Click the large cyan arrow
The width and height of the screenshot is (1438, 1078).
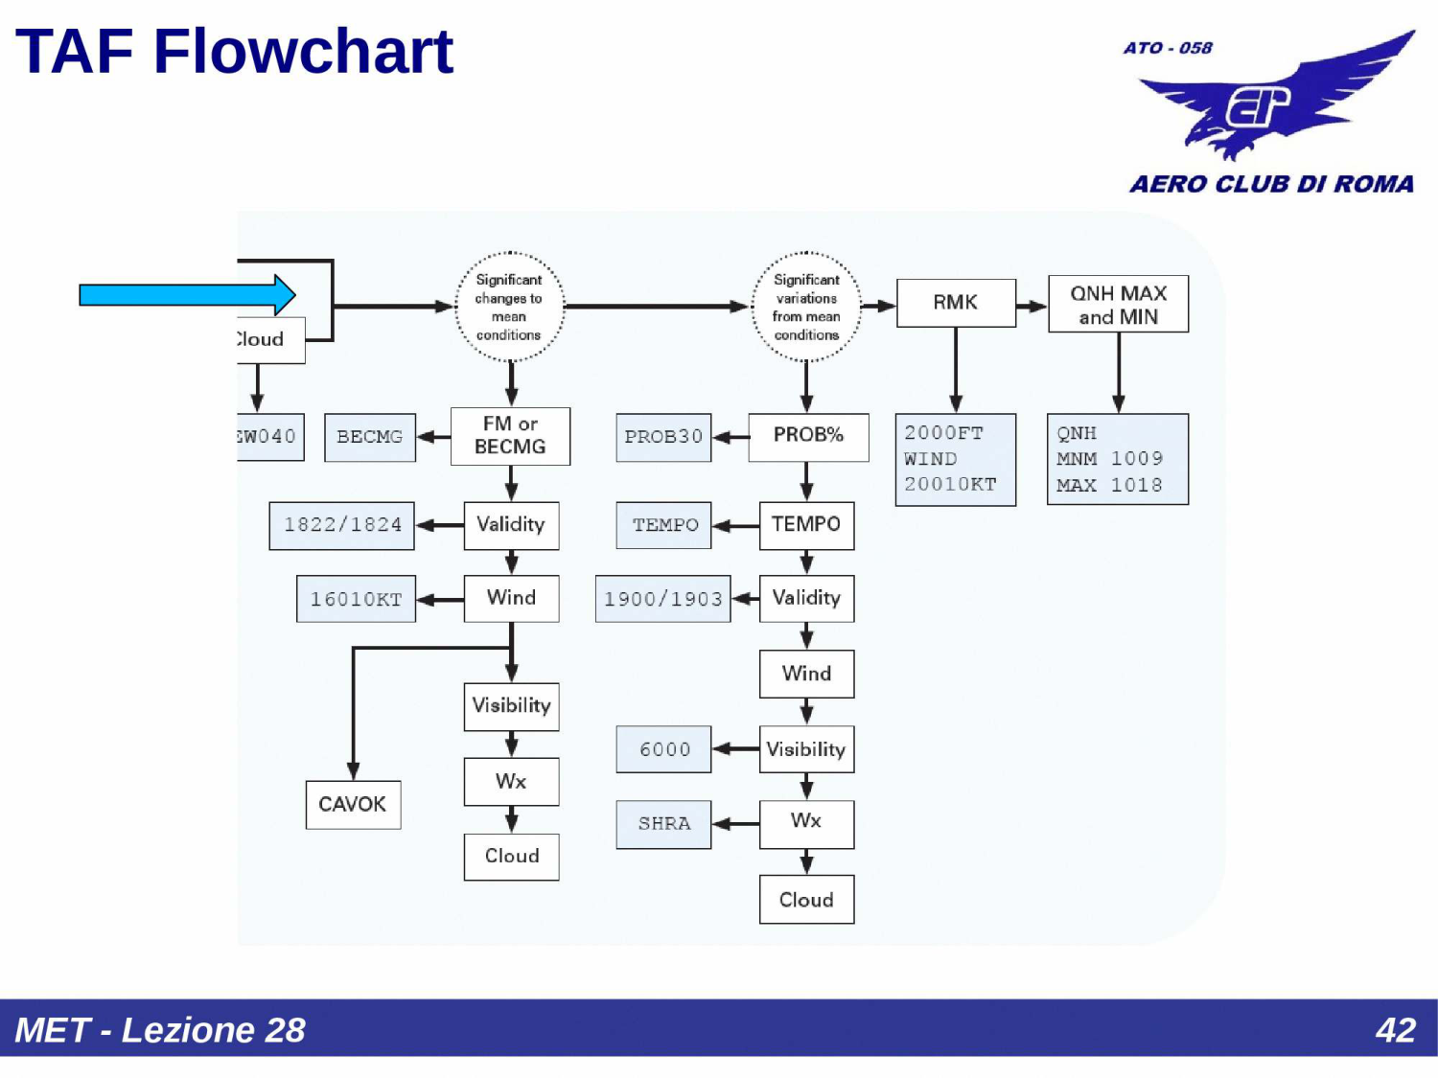(x=187, y=294)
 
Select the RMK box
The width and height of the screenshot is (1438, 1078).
(x=956, y=303)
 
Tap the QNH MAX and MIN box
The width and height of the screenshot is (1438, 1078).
(x=1118, y=304)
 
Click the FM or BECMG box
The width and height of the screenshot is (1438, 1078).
(x=510, y=436)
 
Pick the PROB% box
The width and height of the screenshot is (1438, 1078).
(x=808, y=437)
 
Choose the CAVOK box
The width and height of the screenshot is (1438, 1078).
(x=353, y=804)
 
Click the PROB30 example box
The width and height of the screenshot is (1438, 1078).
(x=663, y=437)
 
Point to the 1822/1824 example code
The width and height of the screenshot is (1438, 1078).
(x=342, y=525)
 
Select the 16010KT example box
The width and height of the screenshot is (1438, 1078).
(x=356, y=599)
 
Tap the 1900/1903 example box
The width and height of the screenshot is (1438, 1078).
(x=663, y=599)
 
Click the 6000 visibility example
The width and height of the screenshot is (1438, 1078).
(x=663, y=748)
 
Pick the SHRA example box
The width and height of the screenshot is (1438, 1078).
(x=663, y=824)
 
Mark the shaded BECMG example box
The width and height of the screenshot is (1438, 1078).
(x=370, y=437)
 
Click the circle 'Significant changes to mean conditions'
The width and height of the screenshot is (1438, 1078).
(x=509, y=307)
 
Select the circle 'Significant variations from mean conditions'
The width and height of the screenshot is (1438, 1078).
(x=806, y=307)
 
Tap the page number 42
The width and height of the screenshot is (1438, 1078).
(x=1396, y=1029)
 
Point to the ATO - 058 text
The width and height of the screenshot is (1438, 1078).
(x=1168, y=48)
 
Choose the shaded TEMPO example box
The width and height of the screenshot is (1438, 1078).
(x=663, y=525)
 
